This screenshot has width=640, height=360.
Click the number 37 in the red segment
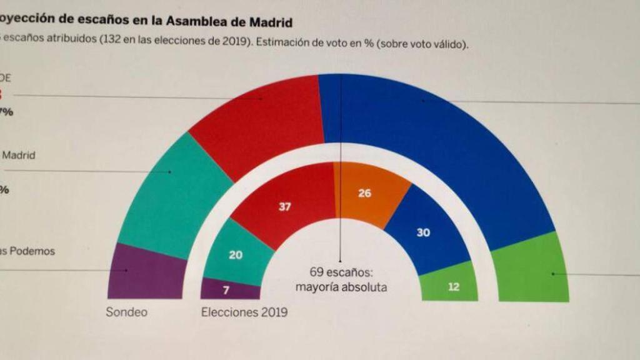pyautogui.click(x=284, y=207)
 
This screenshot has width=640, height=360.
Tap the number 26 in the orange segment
pyautogui.click(x=364, y=193)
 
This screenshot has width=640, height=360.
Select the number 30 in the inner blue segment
pyautogui.click(x=423, y=232)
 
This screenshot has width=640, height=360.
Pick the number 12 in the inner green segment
pyautogui.click(x=454, y=287)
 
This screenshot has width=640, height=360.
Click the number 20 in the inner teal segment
pyautogui.click(x=236, y=254)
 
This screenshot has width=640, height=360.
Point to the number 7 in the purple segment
pyautogui.click(x=226, y=290)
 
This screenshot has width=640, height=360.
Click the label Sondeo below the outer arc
pyautogui.click(x=127, y=312)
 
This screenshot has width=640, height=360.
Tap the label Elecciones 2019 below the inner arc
pyautogui.click(x=244, y=312)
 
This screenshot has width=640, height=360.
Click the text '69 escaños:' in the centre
pyautogui.click(x=341, y=272)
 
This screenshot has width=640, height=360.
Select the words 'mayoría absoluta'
pyautogui.click(x=341, y=287)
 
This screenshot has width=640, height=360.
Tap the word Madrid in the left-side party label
pyautogui.click(x=19, y=155)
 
